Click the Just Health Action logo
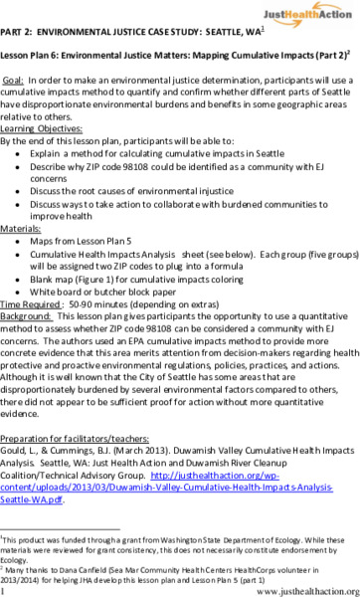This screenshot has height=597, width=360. (308, 14)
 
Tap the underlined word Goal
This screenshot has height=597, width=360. (15, 78)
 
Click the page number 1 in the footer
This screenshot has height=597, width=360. (4, 590)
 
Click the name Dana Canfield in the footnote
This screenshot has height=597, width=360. (70, 564)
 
